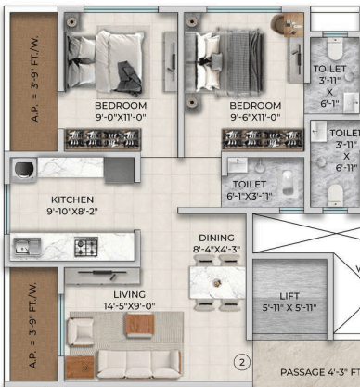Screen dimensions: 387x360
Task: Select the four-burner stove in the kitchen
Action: (x=87, y=247)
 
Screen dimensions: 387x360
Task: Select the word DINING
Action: (x=215, y=238)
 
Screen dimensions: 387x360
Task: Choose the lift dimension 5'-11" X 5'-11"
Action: (x=290, y=307)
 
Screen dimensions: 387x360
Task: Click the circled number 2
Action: (x=241, y=362)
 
